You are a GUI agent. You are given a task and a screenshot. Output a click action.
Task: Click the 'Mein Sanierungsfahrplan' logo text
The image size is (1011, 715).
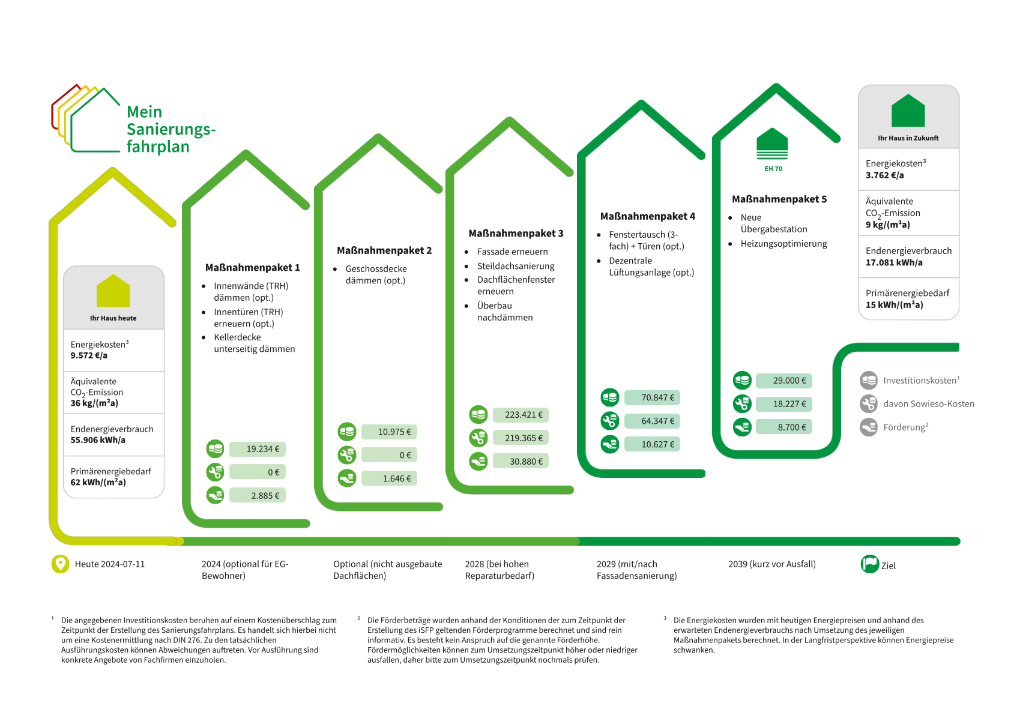click(x=171, y=129)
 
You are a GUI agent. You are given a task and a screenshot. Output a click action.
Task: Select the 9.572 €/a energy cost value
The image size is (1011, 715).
click(x=89, y=355)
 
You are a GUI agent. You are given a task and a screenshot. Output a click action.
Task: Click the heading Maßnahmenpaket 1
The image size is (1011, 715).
click(x=252, y=268)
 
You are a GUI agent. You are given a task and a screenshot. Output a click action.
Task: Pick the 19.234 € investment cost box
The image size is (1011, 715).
click(x=258, y=449)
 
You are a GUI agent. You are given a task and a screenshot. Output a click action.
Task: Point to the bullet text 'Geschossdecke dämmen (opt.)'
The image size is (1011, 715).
click(x=376, y=275)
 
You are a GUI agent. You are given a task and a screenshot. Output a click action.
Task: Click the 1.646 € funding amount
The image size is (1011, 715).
click(x=390, y=478)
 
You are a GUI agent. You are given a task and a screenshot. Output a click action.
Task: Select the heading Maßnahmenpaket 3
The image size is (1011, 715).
click(x=516, y=234)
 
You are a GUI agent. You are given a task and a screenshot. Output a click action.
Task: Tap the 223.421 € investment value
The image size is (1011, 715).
click(x=521, y=415)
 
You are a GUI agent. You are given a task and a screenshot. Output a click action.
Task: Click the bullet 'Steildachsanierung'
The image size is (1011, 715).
click(x=516, y=266)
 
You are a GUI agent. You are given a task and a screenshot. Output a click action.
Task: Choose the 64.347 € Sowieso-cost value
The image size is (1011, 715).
click(x=653, y=421)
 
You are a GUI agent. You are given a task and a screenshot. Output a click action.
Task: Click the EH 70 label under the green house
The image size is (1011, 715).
click(x=773, y=169)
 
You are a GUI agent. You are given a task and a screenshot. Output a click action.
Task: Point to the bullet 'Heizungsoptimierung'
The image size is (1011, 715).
click(x=783, y=244)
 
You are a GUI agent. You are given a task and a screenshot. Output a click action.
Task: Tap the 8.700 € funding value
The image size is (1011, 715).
click(x=784, y=427)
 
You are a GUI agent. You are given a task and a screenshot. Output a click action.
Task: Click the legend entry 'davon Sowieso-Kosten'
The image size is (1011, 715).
click(x=928, y=404)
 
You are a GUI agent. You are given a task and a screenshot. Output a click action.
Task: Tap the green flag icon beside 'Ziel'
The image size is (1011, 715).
click(x=870, y=564)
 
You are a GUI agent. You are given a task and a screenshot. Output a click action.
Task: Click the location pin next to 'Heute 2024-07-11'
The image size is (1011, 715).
click(x=60, y=564)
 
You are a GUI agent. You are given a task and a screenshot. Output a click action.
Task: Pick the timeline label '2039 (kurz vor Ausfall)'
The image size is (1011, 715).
click(x=772, y=564)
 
